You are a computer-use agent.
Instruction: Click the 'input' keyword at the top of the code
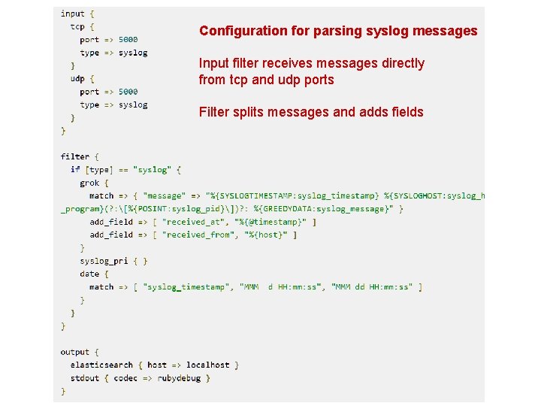73,14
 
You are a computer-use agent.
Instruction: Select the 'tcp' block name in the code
77,26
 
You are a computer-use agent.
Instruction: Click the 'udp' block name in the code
77,78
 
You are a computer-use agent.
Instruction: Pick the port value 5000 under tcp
128,39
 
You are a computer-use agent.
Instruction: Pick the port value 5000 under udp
128,92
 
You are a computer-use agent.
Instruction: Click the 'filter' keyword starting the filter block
75,156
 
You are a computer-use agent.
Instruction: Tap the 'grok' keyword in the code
89,183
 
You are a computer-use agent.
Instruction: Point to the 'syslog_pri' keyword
104,261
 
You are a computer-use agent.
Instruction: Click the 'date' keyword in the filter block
89,274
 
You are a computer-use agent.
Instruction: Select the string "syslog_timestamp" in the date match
185,286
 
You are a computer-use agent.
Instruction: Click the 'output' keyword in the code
75,352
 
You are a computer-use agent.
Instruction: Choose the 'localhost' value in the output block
208,365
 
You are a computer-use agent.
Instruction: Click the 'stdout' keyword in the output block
85,378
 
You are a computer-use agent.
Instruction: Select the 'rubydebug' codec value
179,378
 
